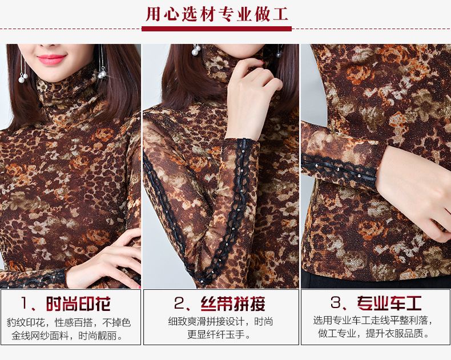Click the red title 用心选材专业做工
[217, 14]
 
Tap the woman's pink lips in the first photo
[51, 59]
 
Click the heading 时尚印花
[79, 304]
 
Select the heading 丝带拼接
[233, 304]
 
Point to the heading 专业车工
[389, 303]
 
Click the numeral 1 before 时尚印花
[25, 303]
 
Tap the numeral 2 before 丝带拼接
[179, 303]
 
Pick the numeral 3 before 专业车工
[335, 302]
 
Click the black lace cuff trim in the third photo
[339, 171]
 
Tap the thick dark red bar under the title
[216, 29]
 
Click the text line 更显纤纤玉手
[220, 334]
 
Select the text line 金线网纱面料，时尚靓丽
[68, 335]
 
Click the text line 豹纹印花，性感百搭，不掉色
[69, 322]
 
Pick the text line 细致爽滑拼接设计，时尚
[220, 321]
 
